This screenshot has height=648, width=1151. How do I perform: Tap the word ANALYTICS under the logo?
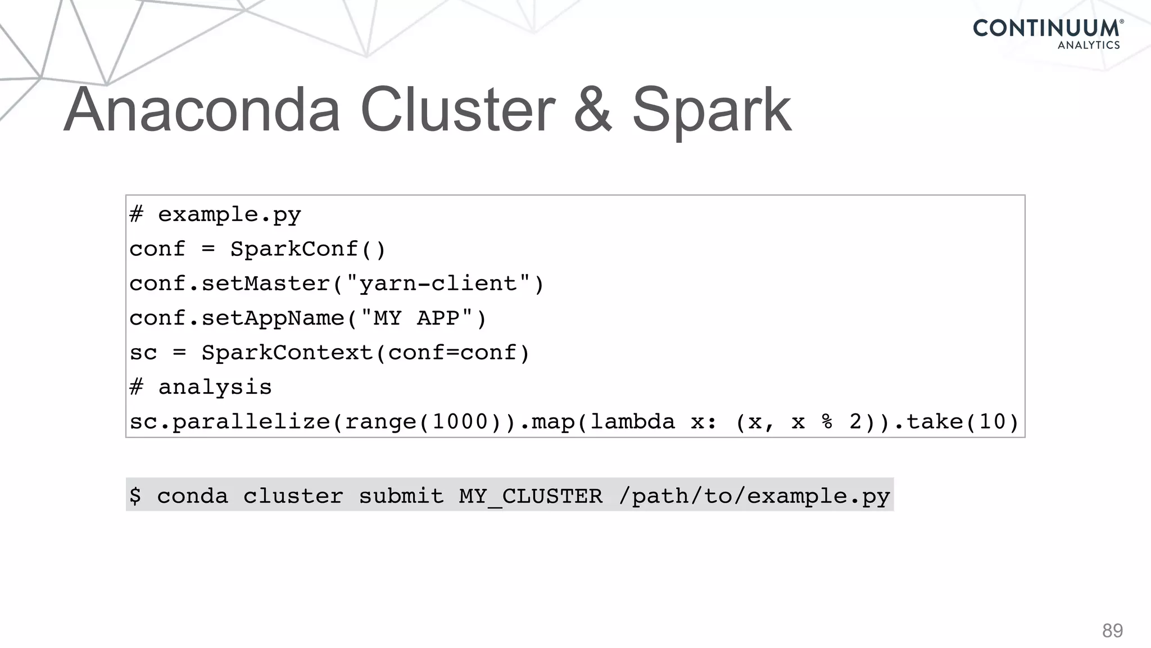tap(1089, 46)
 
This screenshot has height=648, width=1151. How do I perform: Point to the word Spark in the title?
tap(712, 111)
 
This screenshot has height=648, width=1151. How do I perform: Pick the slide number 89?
tap(1112, 631)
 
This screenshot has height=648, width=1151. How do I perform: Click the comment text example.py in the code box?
tap(229, 215)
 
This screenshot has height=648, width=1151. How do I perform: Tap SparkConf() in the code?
tap(308, 249)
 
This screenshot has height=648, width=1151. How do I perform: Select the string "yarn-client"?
tap(437, 283)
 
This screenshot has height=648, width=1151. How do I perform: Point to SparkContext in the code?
tap(287, 353)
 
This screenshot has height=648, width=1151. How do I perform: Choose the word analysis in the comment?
tap(215, 387)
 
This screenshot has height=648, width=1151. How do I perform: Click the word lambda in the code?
tap(632, 422)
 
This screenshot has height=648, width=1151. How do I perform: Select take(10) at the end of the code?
tap(962, 422)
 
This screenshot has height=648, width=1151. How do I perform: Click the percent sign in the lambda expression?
tap(827, 422)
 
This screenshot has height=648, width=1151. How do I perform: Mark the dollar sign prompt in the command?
tap(135, 496)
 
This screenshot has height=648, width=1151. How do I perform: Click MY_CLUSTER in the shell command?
tap(531, 496)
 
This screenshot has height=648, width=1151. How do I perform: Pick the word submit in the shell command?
tap(401, 496)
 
